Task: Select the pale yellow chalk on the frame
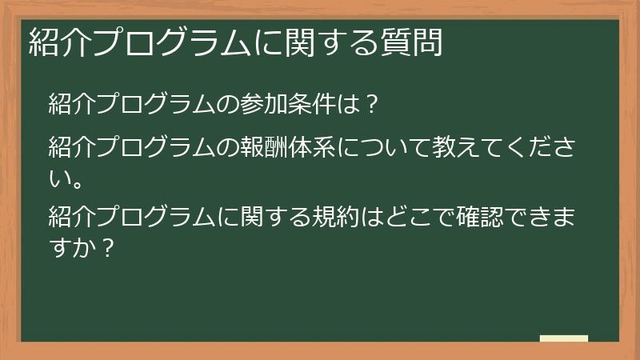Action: click(x=563, y=338)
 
